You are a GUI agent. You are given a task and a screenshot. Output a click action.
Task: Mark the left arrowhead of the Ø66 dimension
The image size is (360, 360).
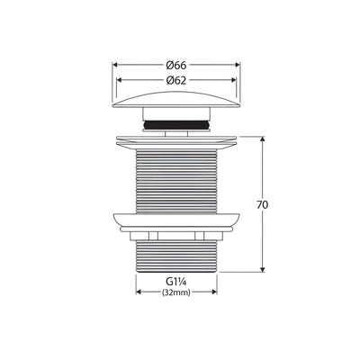[113, 66]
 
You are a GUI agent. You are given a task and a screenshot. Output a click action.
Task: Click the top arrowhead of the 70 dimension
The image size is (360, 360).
[262, 139]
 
